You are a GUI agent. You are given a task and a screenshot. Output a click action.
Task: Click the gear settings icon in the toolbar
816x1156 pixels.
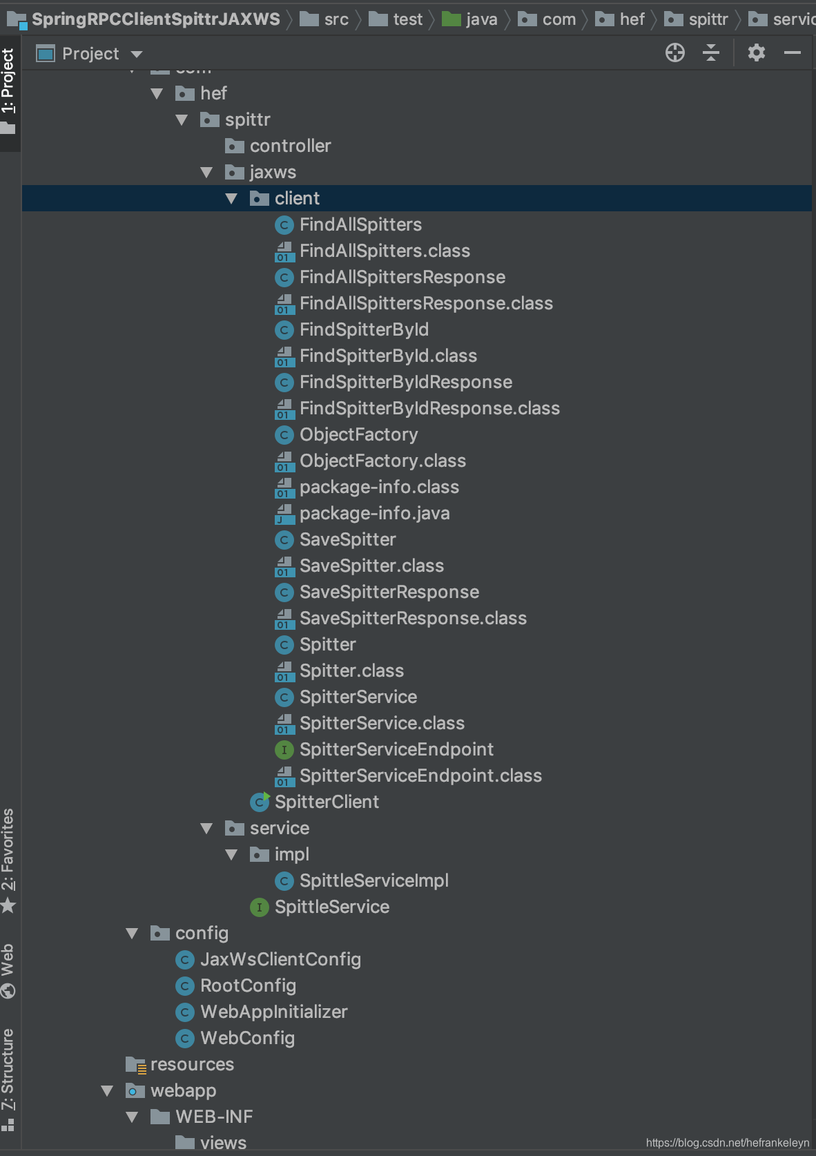757,53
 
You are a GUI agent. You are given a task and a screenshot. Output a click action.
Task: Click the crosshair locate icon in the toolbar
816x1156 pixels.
674,53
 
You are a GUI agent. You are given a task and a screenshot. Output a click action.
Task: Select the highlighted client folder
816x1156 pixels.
296,199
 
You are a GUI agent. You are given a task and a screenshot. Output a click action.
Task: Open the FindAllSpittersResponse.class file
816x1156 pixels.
425,304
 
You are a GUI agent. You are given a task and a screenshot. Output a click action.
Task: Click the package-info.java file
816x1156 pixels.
373,514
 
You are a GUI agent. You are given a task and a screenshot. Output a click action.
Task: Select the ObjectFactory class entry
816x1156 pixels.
358,435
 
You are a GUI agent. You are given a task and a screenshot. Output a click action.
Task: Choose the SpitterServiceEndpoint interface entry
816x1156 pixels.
396,750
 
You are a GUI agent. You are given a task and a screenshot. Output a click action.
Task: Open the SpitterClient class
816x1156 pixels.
326,802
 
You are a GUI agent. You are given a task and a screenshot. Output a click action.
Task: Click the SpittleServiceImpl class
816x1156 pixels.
373,881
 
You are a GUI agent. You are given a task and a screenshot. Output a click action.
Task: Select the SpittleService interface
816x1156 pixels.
331,907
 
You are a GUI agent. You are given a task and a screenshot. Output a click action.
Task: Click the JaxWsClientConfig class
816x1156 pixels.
280,960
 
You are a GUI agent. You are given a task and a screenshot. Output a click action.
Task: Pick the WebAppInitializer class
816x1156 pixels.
273,1012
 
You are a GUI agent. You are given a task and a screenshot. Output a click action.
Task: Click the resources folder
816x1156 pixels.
191,1065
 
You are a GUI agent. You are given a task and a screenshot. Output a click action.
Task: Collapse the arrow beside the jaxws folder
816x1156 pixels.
206,173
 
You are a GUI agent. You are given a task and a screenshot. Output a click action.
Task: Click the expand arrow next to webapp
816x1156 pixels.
107,1091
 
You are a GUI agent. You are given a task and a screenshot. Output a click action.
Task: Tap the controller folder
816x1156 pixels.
289,146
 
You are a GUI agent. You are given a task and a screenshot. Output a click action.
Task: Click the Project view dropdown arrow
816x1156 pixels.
137,54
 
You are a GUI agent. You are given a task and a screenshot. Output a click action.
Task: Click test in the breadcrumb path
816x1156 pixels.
407,19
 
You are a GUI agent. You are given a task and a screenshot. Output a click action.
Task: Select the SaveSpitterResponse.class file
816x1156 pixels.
412,619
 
